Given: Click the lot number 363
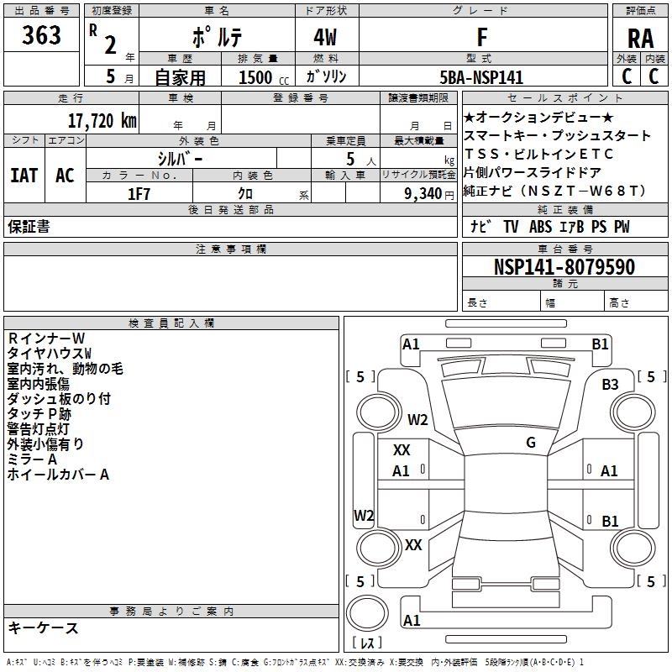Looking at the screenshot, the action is (41, 35).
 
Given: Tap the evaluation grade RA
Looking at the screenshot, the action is (640, 38).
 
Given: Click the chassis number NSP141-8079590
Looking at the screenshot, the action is (564, 267).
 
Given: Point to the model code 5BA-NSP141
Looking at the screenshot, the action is (482, 77).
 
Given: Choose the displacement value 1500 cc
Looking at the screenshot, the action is (261, 77).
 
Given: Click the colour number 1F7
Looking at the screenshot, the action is (139, 193).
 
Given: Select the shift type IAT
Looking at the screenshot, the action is (24, 176).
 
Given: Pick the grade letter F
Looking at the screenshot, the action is (481, 38).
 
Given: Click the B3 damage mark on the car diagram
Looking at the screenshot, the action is (610, 384).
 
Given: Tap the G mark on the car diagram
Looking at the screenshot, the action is (531, 443).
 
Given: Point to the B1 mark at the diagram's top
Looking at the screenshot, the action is (600, 344).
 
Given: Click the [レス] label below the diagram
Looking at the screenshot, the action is (366, 643).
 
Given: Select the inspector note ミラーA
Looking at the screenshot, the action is (33, 459).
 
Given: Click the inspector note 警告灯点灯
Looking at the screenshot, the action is (44, 429).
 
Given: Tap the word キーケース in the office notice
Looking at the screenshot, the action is (44, 628).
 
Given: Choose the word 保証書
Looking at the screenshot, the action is (29, 227).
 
